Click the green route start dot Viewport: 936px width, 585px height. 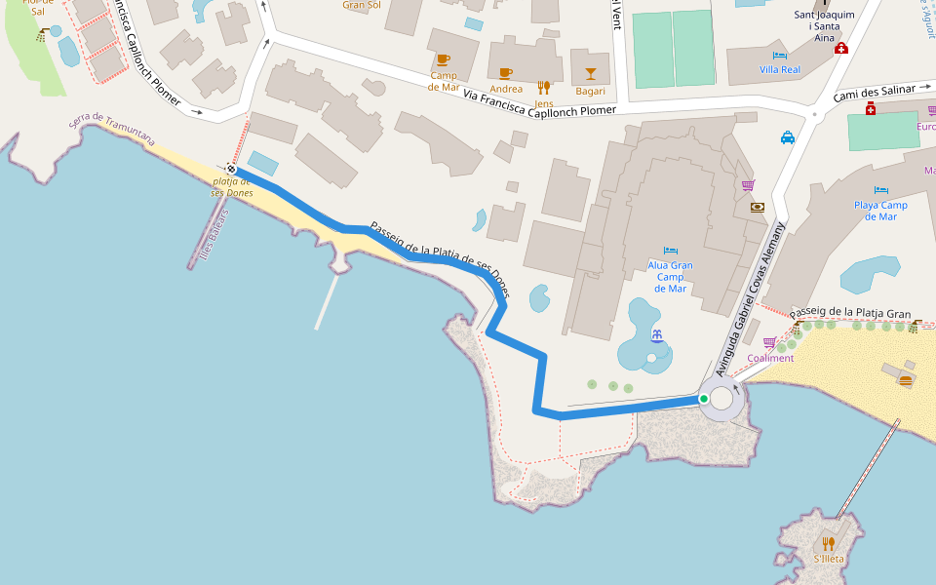[x=703, y=399]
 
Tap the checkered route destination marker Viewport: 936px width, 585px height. [x=231, y=168]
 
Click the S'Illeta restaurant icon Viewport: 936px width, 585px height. [x=829, y=543]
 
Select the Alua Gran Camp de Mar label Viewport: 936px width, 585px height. [x=670, y=276]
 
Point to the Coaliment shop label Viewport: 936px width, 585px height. [x=770, y=358]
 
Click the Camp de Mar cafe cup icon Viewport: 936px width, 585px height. [x=443, y=59]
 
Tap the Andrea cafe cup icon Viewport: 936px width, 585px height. [x=505, y=73]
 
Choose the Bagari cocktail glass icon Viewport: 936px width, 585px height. [x=590, y=74]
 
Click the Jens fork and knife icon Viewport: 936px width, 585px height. [x=544, y=88]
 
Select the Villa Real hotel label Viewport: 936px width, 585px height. [x=779, y=70]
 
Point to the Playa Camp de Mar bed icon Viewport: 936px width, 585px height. [x=881, y=190]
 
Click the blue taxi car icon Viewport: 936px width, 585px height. [x=788, y=137]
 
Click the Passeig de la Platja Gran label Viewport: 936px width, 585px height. [x=850, y=313]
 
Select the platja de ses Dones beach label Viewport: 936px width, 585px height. [x=232, y=186]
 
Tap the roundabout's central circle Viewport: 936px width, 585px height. [x=721, y=398]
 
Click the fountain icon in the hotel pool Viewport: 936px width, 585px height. [x=657, y=336]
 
